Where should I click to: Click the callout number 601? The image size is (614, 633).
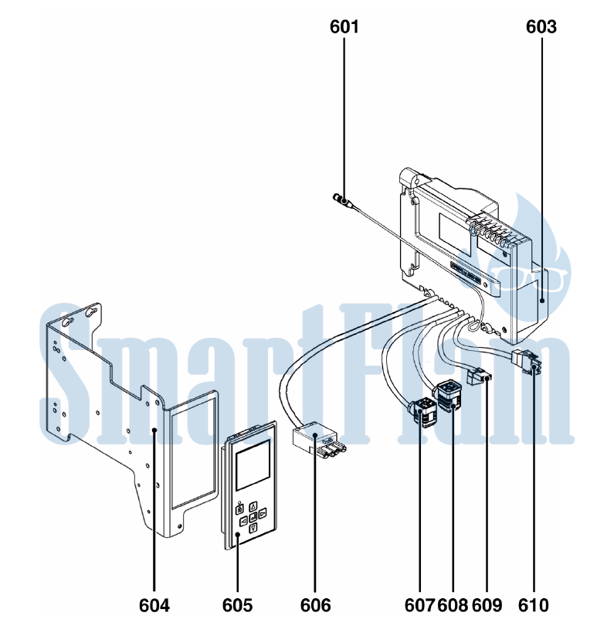click(x=344, y=27)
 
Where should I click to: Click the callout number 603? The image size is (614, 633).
click(x=541, y=27)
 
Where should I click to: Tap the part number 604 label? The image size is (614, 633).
click(x=154, y=605)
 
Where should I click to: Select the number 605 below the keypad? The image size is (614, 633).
click(x=237, y=605)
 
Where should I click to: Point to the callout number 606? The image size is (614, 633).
click(x=315, y=605)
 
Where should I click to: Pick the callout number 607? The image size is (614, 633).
click(x=420, y=605)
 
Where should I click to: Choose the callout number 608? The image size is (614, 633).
click(x=453, y=605)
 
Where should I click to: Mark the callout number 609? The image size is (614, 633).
click(x=487, y=605)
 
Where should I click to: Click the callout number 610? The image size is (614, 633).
click(x=534, y=605)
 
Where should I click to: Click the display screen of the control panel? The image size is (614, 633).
click(x=252, y=465)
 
